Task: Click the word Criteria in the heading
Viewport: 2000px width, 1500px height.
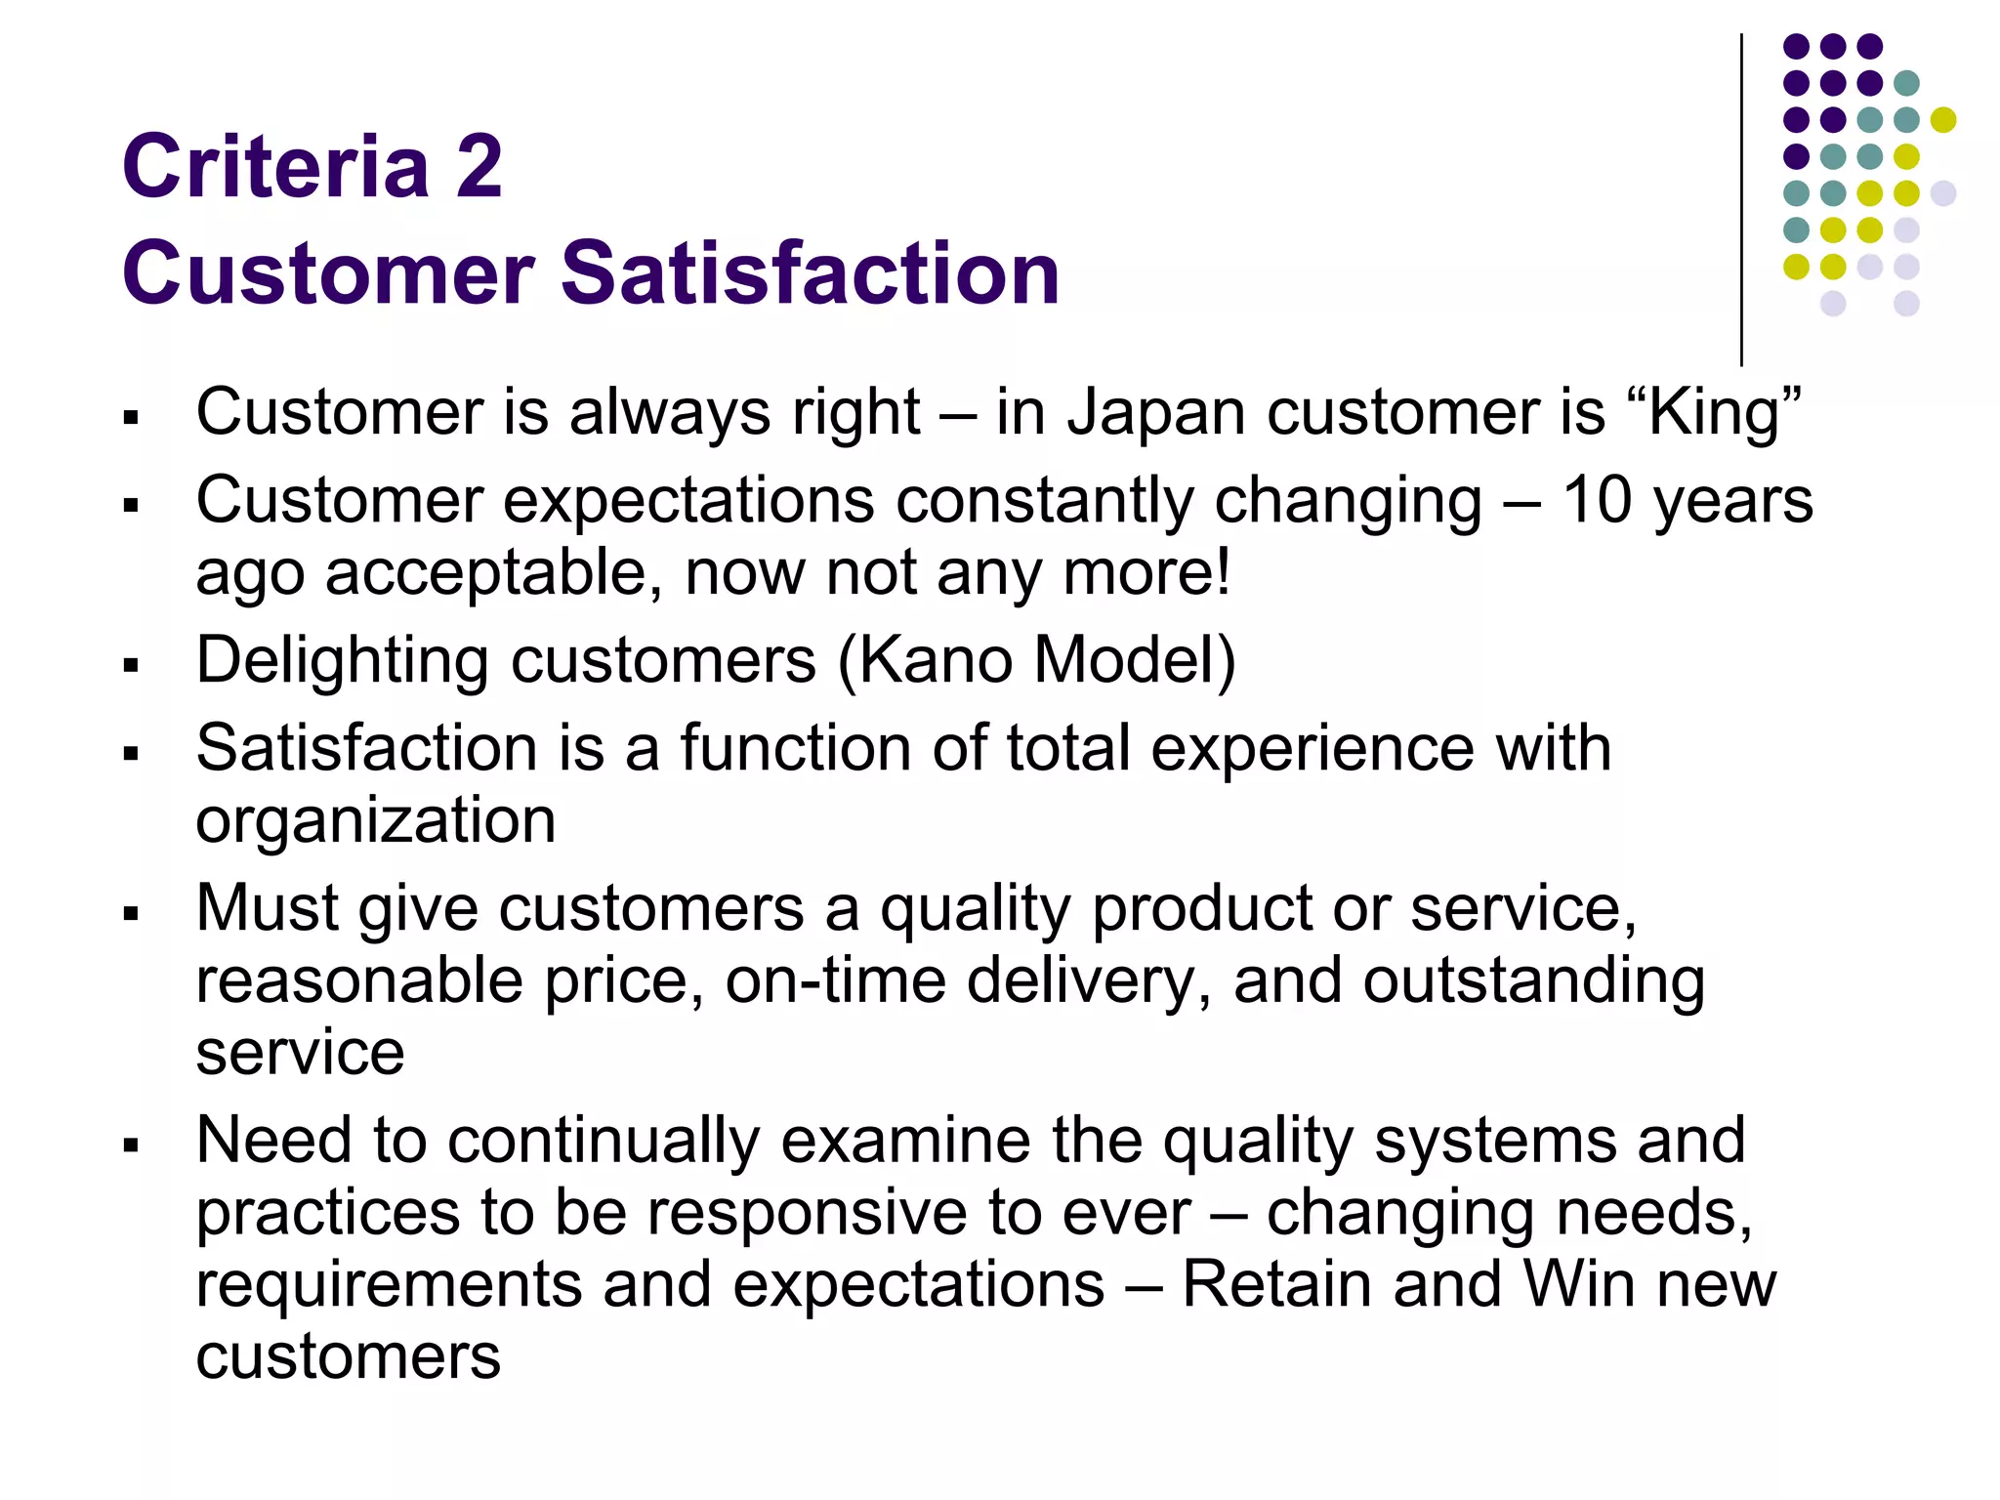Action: tap(275, 166)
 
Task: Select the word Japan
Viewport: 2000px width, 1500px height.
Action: tap(1155, 413)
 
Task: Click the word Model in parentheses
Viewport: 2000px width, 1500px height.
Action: tap(1135, 660)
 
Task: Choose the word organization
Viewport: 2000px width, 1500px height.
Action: tap(376, 820)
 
